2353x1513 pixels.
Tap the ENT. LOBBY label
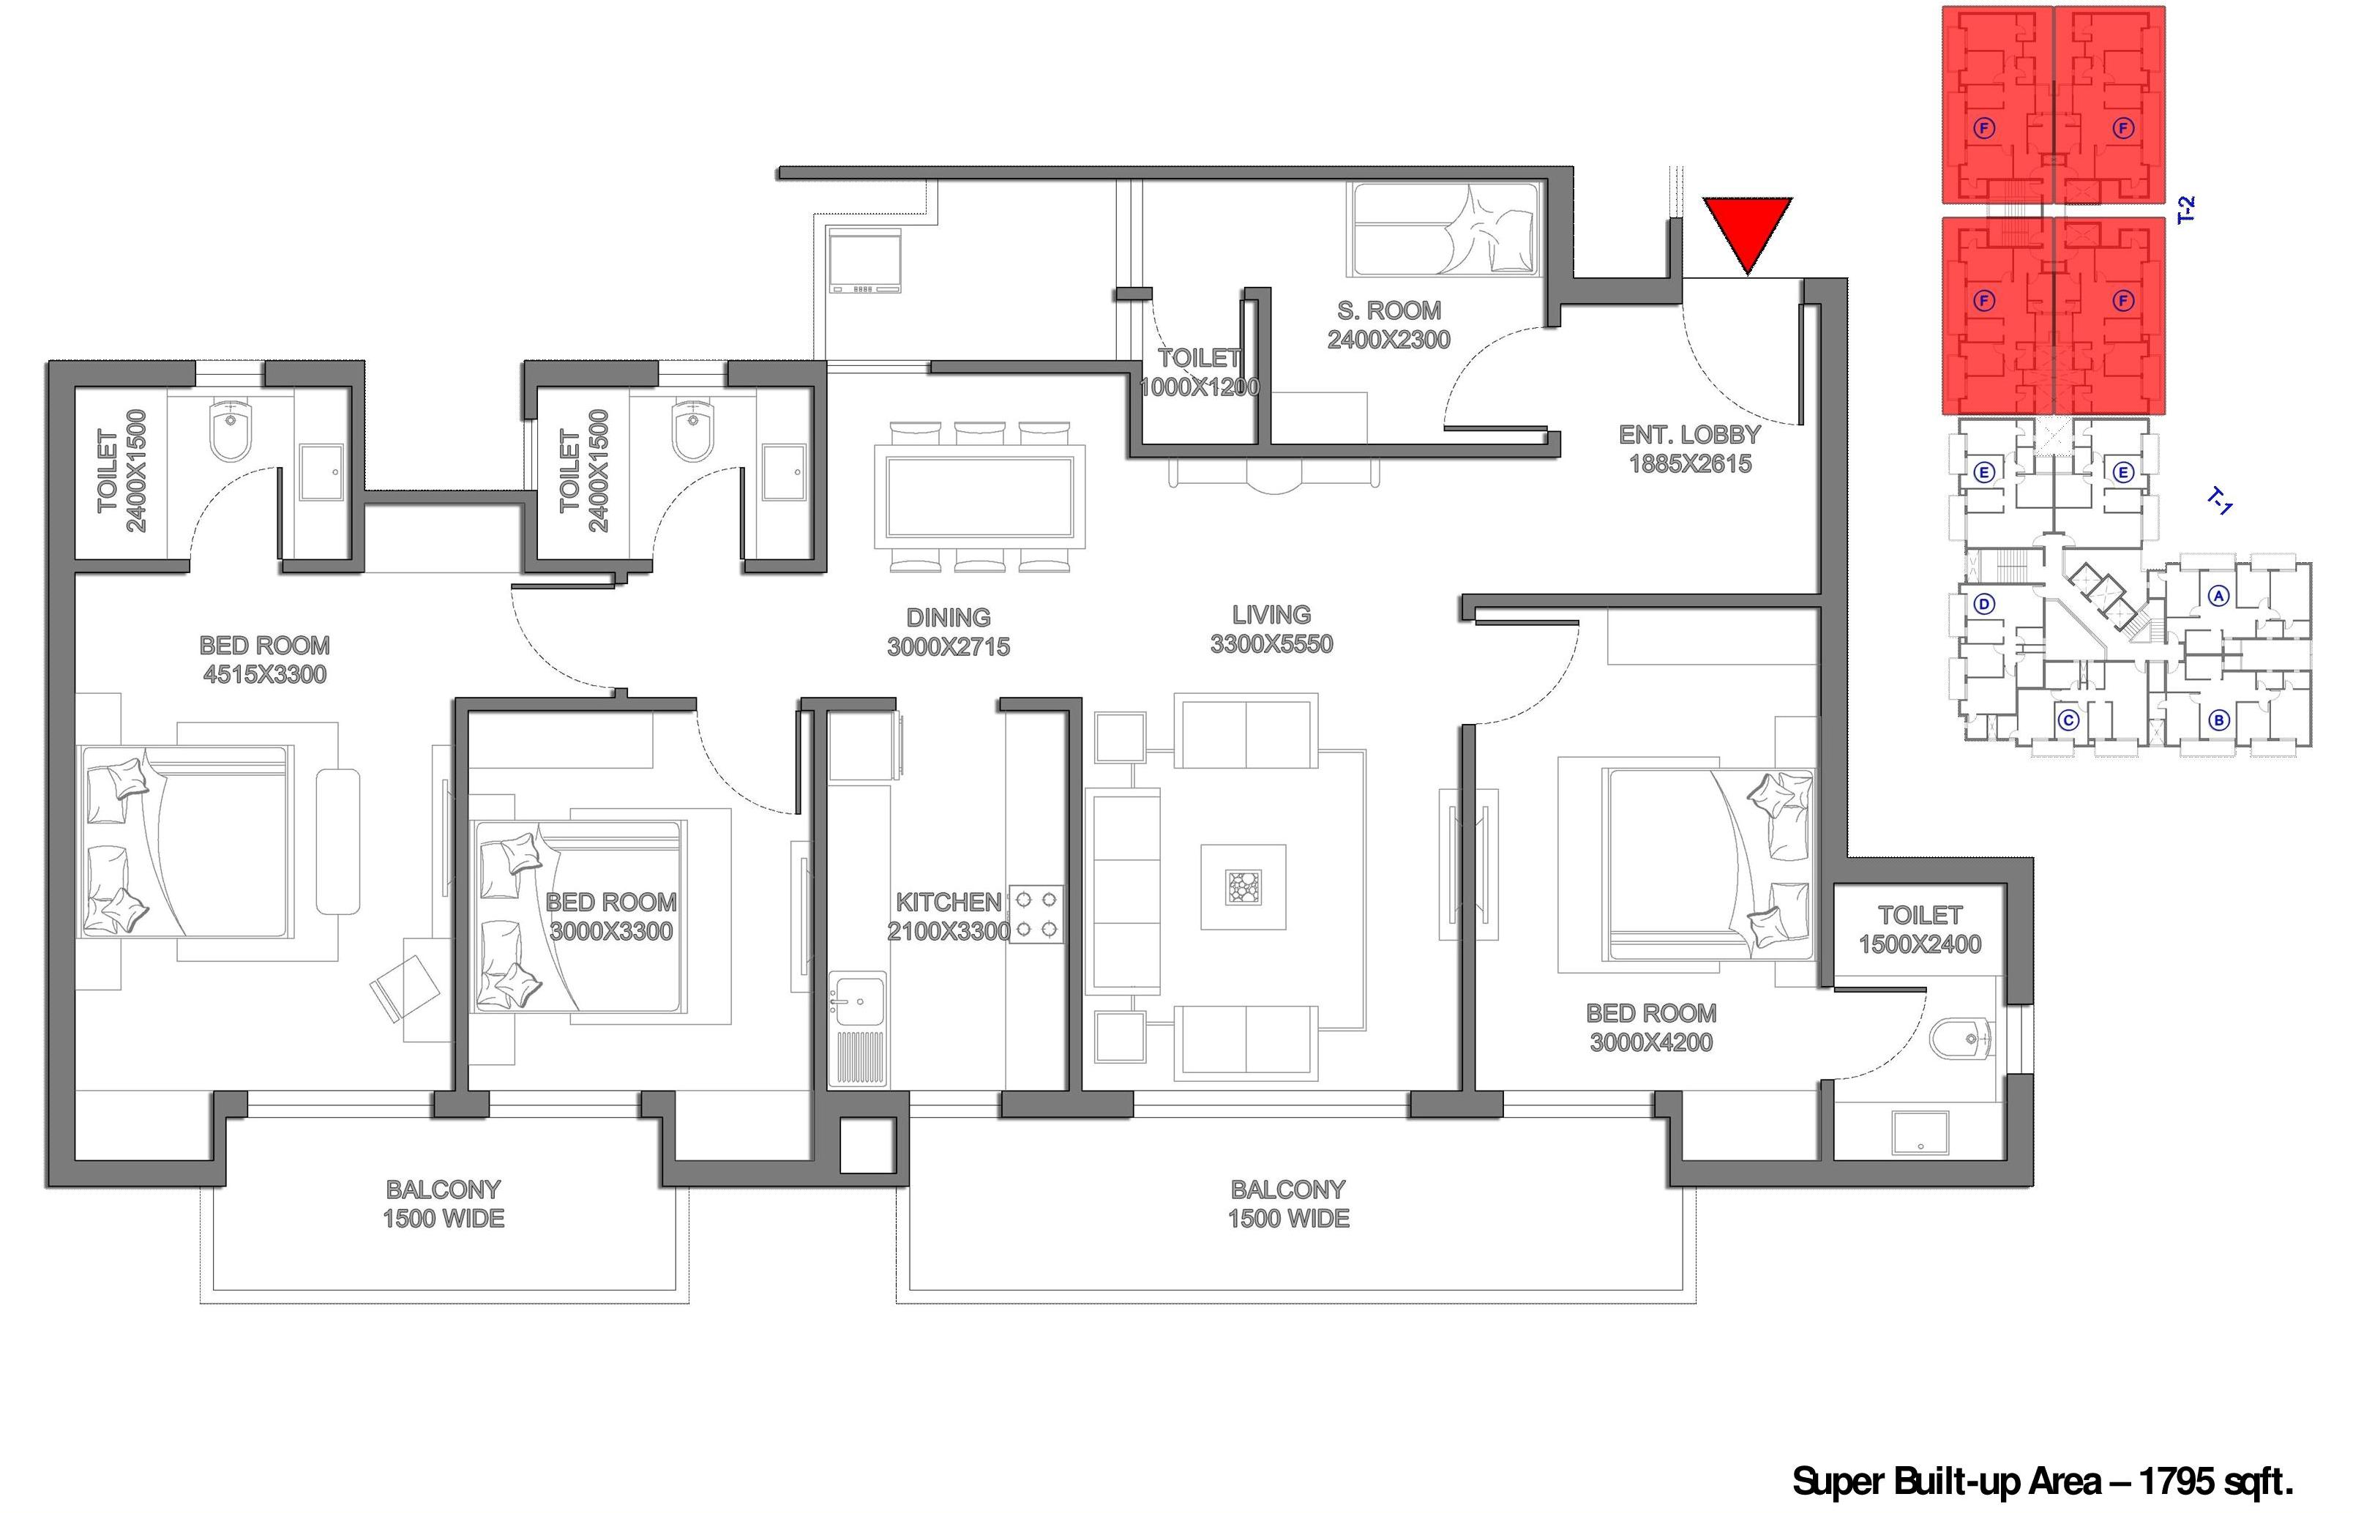pos(1689,434)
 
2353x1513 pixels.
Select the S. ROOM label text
pos(1388,310)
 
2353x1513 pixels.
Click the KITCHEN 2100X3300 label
pos(949,916)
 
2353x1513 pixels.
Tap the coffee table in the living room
pos(1242,887)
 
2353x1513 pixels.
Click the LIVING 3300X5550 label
pos(1272,629)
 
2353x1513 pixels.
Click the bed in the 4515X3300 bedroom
pos(187,841)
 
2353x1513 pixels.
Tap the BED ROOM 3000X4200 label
pos(1651,1028)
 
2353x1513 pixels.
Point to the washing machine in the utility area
pos(864,261)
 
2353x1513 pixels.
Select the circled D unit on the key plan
pos(1983,603)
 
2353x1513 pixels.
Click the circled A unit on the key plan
pos(2218,594)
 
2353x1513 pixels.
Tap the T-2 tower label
pos(2185,210)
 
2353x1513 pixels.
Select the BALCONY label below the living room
pos(1287,1189)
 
